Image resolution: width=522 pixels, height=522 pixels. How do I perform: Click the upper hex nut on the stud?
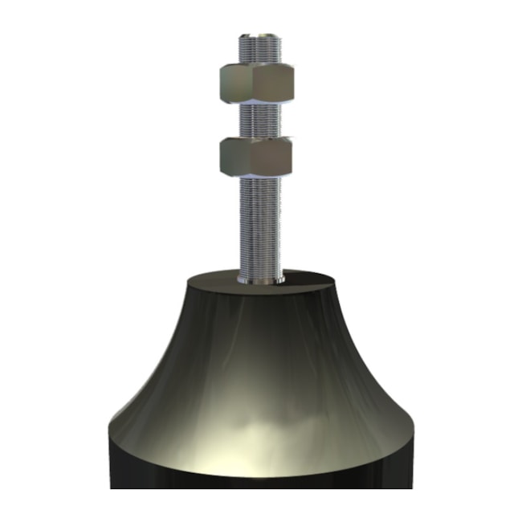point(256,82)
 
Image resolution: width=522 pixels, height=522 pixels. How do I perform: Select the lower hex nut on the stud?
point(256,156)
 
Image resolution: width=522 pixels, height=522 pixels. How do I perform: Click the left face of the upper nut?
point(233,82)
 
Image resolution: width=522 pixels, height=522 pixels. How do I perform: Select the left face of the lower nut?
point(233,156)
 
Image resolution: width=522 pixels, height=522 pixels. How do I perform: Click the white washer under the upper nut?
point(256,103)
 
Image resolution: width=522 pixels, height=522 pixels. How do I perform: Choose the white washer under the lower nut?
point(256,176)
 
